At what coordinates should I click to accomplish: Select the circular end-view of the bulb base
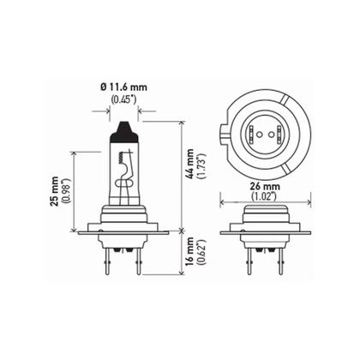[x=261, y=132]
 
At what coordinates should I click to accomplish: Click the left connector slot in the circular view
[x=255, y=132]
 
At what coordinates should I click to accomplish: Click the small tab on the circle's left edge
[x=224, y=134]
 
